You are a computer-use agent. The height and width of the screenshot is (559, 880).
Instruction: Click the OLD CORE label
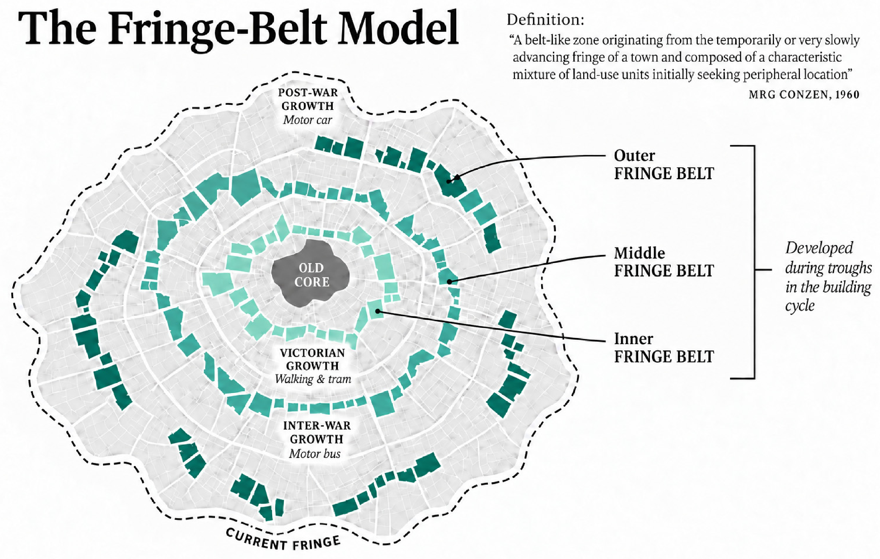pyautogui.click(x=312, y=275)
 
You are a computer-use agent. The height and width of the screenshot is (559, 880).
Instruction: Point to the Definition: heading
pyautogui.click(x=546, y=20)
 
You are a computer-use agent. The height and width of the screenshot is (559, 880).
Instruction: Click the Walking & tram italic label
pyautogui.click(x=313, y=379)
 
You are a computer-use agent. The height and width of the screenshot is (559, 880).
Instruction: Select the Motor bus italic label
pyautogui.click(x=315, y=453)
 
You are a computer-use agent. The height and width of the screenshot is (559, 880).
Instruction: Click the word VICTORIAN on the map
pyautogui.click(x=313, y=352)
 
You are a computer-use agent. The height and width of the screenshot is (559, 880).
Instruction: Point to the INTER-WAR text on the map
pyautogui.click(x=317, y=425)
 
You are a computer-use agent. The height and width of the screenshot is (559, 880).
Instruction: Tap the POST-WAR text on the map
pyautogui.click(x=308, y=92)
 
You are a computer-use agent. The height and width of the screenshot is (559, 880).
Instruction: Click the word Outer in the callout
pyautogui.click(x=634, y=156)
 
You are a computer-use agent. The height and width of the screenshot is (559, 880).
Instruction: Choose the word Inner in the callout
pyautogui.click(x=633, y=339)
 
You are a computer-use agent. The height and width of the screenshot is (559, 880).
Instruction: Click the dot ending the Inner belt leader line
pyautogui.click(x=378, y=311)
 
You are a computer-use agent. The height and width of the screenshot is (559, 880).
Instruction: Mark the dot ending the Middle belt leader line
pyautogui.click(x=450, y=281)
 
